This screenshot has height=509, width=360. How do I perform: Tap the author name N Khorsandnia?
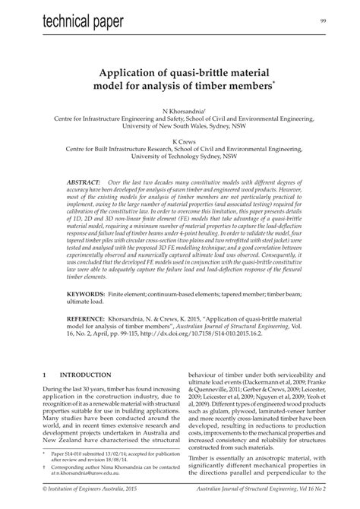[x=179, y=111]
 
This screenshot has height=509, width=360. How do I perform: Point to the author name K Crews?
[x=179, y=142]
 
